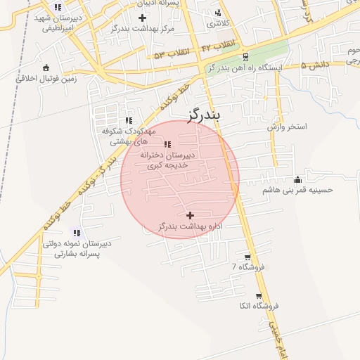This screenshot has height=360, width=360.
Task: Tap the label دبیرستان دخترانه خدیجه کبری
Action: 167,159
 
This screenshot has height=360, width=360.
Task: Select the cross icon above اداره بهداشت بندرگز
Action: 190,214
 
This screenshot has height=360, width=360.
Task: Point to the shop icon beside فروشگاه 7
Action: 247,257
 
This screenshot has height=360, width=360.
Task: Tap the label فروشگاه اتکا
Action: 259,306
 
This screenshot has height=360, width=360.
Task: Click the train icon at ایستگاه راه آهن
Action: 245,57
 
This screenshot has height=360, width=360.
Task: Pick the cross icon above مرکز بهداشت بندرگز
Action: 142,17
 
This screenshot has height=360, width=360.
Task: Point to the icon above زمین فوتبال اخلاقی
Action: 46,67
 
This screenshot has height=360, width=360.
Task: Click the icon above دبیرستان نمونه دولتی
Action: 76,232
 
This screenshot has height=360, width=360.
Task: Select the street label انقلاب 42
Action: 217,45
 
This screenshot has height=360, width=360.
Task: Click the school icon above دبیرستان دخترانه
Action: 167,144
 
